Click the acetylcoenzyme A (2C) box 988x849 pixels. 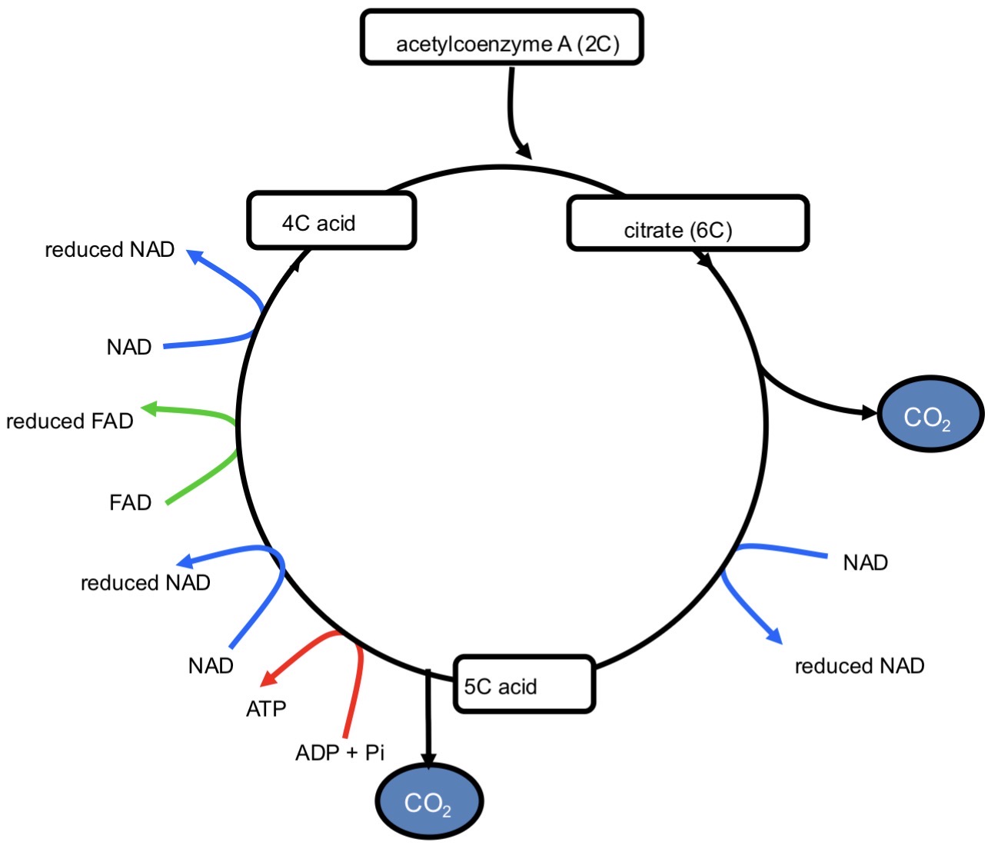(501, 38)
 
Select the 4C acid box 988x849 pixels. (331, 221)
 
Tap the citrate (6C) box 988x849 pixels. (687, 224)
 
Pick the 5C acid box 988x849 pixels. (524, 684)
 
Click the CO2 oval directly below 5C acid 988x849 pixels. (429, 802)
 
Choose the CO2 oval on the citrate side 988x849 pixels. (930, 415)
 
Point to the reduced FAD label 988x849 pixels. (70, 421)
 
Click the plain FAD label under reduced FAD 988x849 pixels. (130, 503)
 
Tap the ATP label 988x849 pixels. (266, 708)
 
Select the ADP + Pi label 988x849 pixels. (340, 753)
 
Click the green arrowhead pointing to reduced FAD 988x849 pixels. (149, 408)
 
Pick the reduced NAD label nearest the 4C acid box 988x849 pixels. (110, 250)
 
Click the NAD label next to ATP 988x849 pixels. (211, 666)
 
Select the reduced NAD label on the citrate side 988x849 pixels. (859, 666)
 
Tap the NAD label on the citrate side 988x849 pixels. (865, 563)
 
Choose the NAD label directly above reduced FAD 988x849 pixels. (129, 348)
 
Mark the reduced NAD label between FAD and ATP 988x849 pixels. (145, 583)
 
